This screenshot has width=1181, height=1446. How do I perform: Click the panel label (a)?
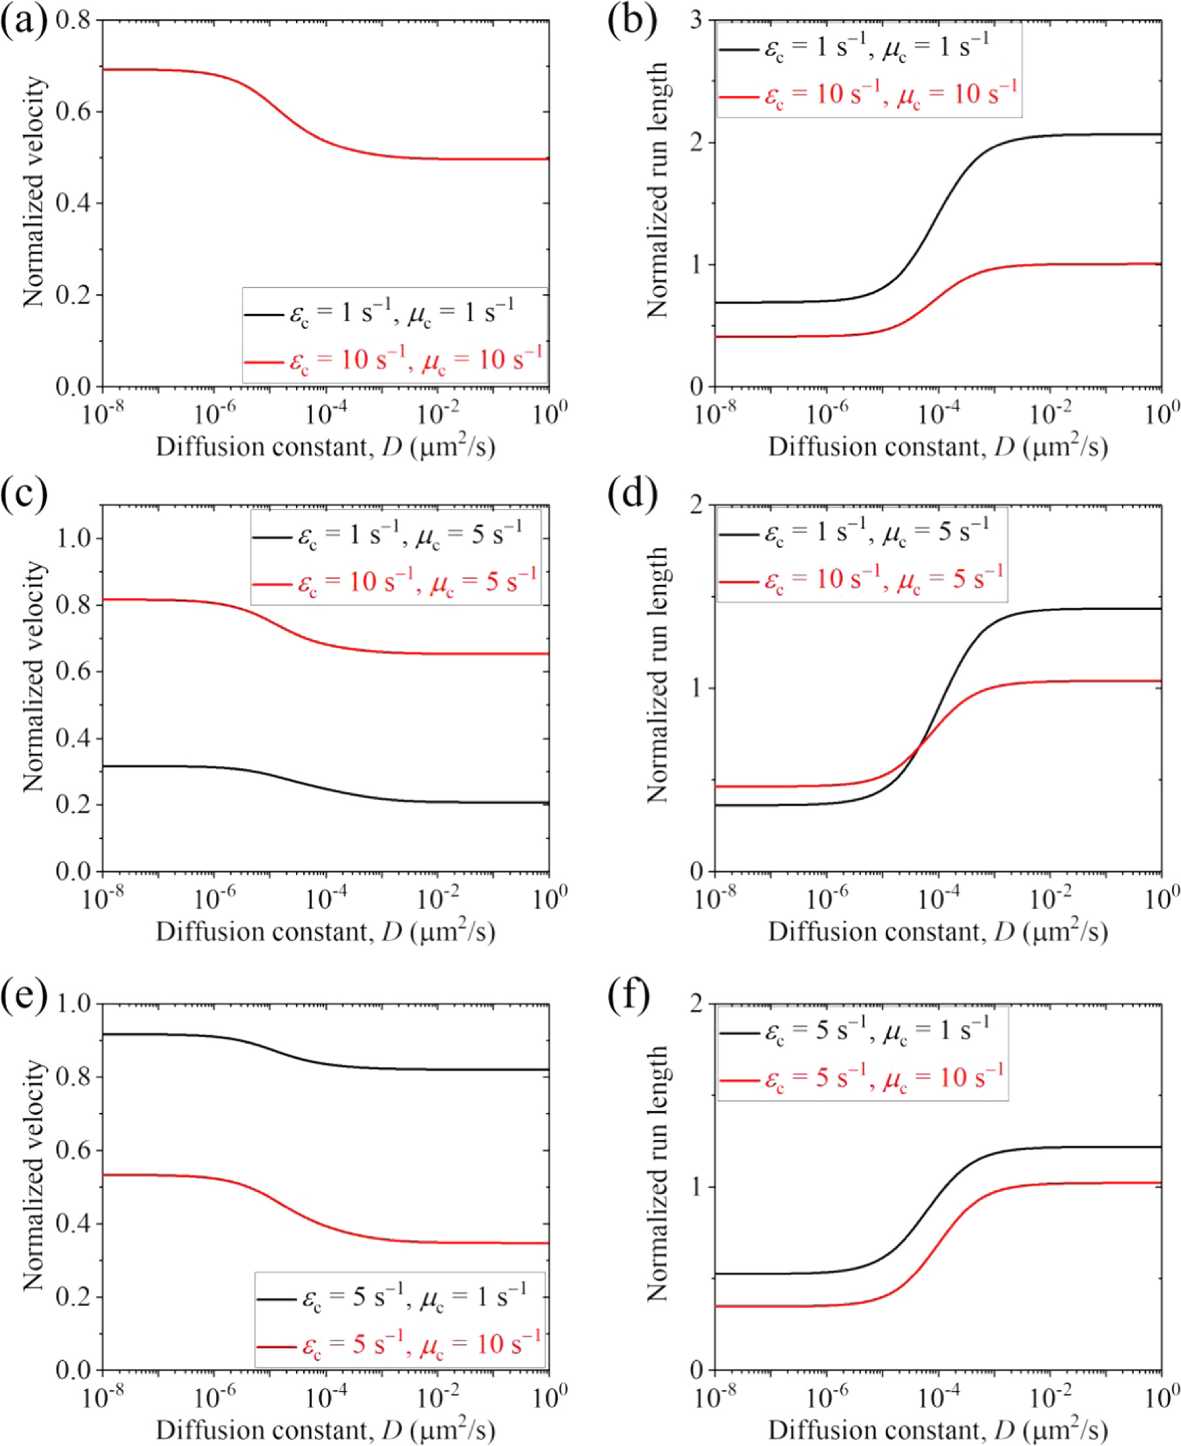(24, 21)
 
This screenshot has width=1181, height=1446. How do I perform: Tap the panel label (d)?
(633, 493)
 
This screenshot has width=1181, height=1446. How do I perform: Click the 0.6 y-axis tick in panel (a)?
(73, 112)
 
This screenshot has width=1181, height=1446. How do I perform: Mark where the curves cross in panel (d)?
(920, 748)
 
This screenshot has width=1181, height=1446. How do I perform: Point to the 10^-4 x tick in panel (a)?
(326, 413)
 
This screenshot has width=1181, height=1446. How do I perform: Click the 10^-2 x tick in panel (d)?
(1050, 899)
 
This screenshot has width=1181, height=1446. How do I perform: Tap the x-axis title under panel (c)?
(325, 931)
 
